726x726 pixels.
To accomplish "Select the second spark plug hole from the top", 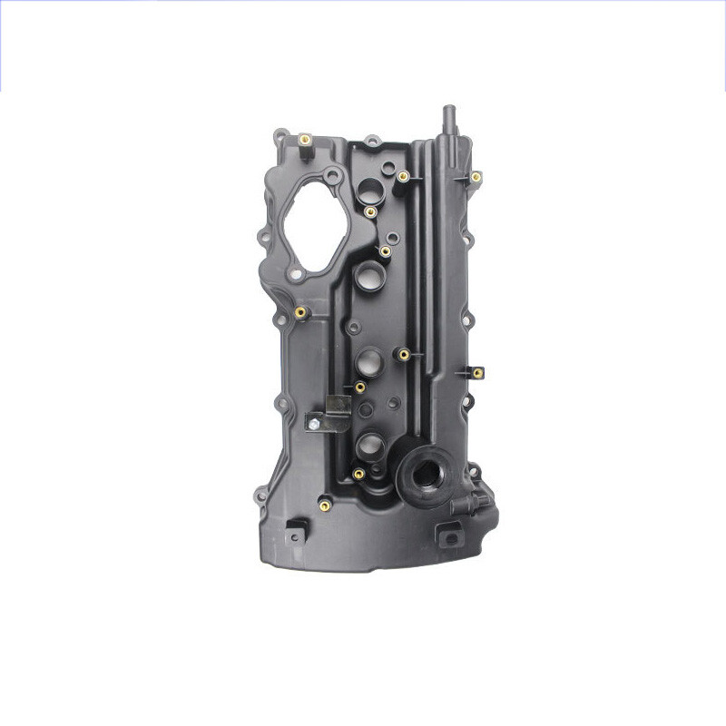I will (367, 275).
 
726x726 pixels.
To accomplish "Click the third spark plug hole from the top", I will (368, 361).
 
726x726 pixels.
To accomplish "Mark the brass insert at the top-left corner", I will (306, 141).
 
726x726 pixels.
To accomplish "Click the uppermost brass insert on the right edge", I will (476, 177).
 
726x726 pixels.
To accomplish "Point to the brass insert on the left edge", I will (300, 313).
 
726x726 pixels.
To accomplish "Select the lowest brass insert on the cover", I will (324, 502).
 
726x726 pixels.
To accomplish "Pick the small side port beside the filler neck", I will (479, 501).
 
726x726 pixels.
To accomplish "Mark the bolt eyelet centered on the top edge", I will (370, 142).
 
